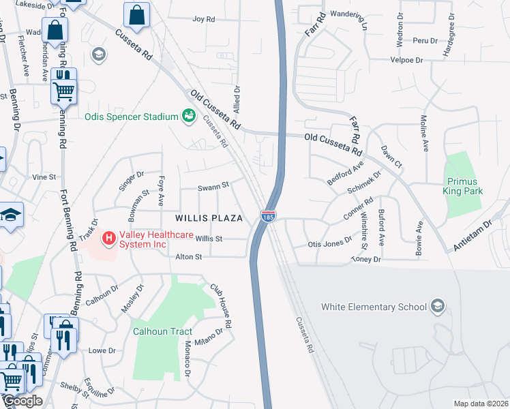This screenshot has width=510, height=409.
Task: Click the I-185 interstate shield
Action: (x=267, y=216)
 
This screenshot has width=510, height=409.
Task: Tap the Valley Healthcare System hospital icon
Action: (x=107, y=238)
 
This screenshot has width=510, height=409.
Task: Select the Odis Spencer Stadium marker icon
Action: (x=187, y=117)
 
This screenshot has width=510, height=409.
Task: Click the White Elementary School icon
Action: (x=437, y=307)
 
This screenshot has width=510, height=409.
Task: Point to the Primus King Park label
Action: (x=465, y=187)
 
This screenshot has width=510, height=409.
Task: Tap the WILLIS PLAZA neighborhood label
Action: (x=209, y=218)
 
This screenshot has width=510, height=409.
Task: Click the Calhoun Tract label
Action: (x=162, y=331)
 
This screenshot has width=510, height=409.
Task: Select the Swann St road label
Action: (x=212, y=186)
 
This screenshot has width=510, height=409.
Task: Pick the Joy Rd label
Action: (x=204, y=19)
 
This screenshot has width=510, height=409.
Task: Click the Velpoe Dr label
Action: (x=407, y=60)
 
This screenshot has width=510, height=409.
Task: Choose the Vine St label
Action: (x=44, y=177)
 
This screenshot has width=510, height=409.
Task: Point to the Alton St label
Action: (x=189, y=257)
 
